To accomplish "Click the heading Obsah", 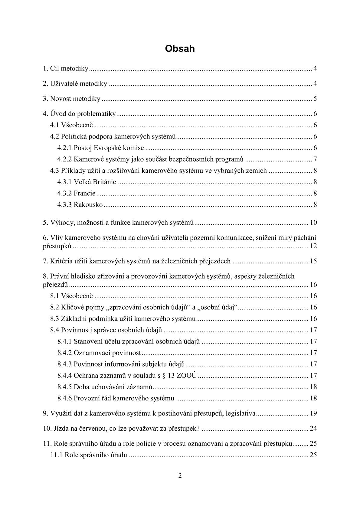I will (x=180, y=49).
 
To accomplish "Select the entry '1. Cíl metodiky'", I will (x=65, y=69).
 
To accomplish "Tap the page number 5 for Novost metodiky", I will (x=315, y=99).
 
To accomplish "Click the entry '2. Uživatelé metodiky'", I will (x=75, y=84).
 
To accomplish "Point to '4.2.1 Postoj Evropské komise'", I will (x=101, y=148).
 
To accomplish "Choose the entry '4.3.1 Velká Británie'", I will (x=87, y=182).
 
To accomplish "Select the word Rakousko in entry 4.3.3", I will (x=88, y=205).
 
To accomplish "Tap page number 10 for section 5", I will (x=313, y=223).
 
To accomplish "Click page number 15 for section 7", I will (x=313, y=261).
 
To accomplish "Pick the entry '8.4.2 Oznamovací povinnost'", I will (x=99, y=353).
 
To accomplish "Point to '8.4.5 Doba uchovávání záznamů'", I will (x=104, y=387).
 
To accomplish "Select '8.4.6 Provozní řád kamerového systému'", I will (x=116, y=398).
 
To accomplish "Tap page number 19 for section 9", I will (x=313, y=413).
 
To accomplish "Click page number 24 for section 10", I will (x=313, y=429).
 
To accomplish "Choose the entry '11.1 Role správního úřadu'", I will (x=88, y=455).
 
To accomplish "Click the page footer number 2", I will (x=180, y=476).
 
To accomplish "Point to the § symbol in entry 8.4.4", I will (x=171, y=376).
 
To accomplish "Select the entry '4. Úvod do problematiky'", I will (x=79, y=114).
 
